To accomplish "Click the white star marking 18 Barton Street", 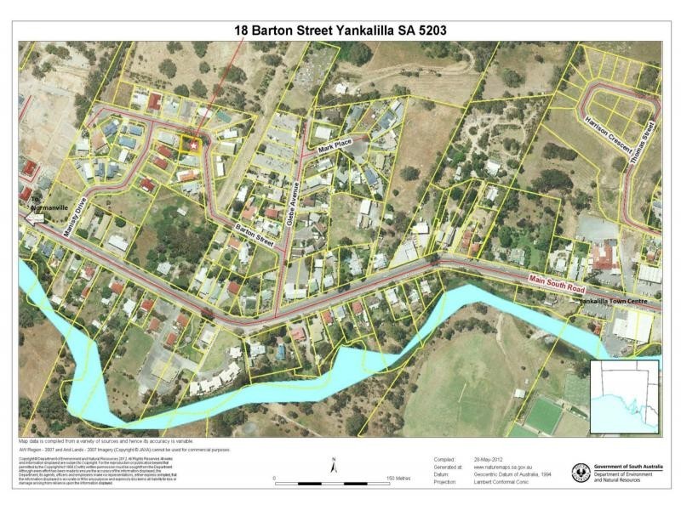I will point(194,144).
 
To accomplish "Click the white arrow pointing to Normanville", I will point(35,218).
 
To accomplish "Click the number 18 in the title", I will point(244,30).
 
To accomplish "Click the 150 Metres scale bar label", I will point(398,479).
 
